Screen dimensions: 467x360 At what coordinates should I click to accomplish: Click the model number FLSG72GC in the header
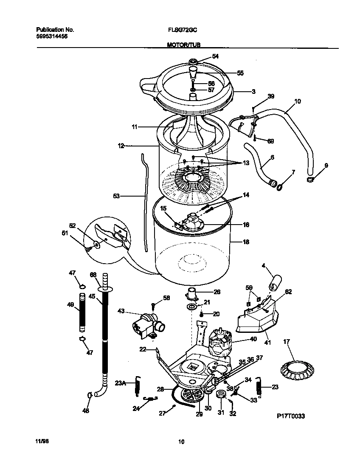(182, 30)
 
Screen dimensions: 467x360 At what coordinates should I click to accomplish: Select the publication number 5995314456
(52, 37)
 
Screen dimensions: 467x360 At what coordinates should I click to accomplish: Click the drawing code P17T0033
(291, 416)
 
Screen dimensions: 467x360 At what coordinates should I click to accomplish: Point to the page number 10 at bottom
(181, 442)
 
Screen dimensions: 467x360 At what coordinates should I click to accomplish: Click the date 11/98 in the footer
(42, 442)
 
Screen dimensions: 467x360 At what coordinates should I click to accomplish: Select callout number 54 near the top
(215, 56)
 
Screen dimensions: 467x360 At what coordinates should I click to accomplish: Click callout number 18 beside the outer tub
(245, 242)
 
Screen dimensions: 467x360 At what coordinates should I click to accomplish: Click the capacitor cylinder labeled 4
(275, 281)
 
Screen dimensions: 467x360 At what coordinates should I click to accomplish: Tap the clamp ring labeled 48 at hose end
(90, 395)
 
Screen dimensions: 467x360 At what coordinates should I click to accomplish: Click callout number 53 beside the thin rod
(116, 196)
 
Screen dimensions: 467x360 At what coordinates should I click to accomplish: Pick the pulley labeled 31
(221, 396)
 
